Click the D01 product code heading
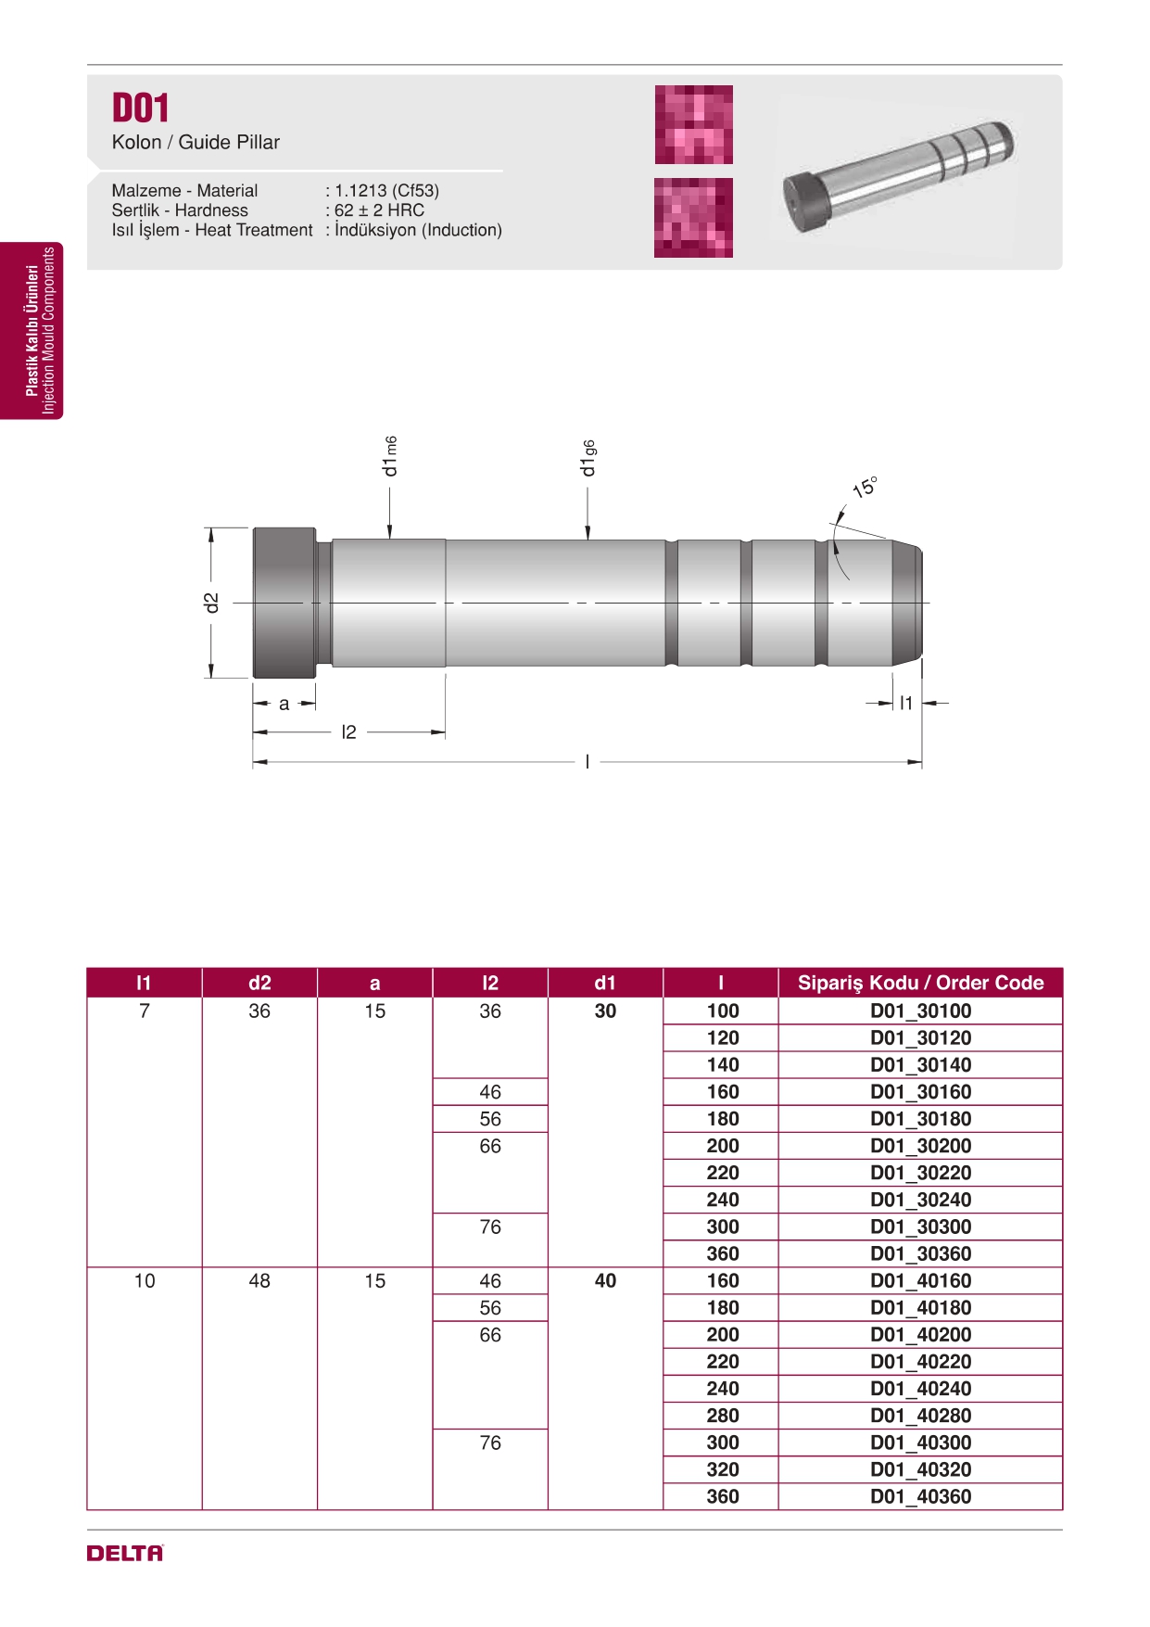coord(140,108)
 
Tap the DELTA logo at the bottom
coord(125,1553)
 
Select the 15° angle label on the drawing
coord(865,487)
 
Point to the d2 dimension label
coord(212,603)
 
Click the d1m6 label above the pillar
coord(390,456)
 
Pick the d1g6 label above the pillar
coord(588,458)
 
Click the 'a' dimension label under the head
coord(284,704)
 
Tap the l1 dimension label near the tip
coord(906,704)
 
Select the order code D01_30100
coord(920,1011)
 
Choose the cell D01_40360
coord(920,1497)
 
